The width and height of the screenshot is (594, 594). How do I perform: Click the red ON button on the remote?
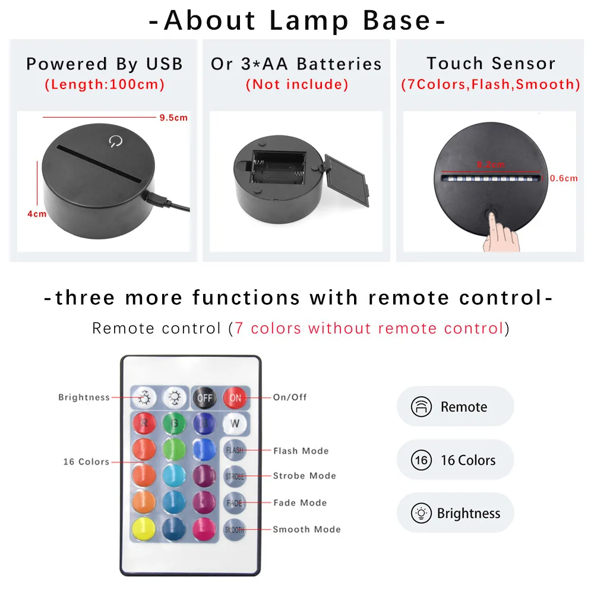pos(235,398)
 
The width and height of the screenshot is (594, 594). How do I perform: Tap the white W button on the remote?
pos(235,424)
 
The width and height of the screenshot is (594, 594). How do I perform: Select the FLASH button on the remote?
pos(235,450)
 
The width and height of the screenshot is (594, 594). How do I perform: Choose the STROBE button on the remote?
pos(235,476)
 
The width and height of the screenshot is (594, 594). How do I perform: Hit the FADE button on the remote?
pos(235,503)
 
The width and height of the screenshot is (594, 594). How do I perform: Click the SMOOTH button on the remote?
pos(235,529)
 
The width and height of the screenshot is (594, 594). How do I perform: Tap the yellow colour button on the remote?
pos(143,529)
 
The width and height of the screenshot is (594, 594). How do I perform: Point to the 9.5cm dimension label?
pos(173,118)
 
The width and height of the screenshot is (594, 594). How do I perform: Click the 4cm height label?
pos(37,214)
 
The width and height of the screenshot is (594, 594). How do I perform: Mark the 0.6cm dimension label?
pos(564,178)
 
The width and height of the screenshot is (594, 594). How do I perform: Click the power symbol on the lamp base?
pos(114,141)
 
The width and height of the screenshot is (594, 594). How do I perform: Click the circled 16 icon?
pos(421,460)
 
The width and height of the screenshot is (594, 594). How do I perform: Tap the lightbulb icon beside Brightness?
pos(421,513)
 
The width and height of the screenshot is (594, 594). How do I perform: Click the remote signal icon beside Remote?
pos(421,407)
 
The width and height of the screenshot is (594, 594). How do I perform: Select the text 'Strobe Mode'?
pos(304,476)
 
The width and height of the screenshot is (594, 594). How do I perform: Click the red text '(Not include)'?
pos(296,84)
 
